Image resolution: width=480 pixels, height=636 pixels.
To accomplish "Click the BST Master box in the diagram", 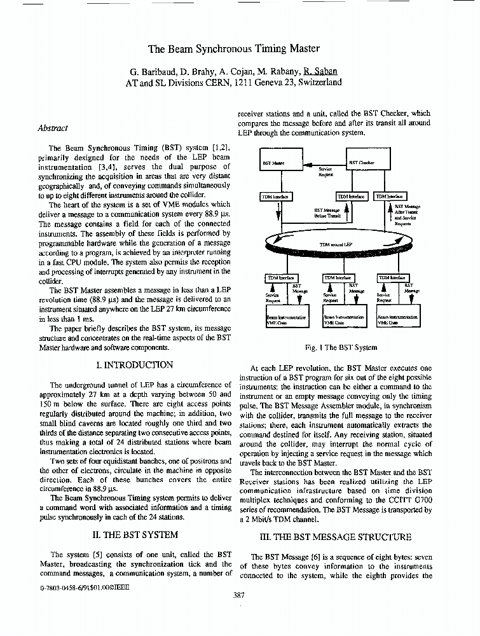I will point(280,163).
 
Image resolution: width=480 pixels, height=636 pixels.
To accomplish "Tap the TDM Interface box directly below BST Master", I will point(275,197).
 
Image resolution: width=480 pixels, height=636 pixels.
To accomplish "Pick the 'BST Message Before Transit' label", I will point(327,212).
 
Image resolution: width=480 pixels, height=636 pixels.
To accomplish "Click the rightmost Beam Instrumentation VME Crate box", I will point(398,319).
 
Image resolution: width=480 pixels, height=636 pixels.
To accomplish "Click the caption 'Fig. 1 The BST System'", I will point(341,347).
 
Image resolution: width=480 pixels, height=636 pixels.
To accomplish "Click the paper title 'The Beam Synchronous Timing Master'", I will point(234,48).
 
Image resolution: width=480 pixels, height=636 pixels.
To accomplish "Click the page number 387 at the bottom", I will point(239,595).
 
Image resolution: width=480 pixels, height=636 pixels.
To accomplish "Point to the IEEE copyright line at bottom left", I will point(84,588).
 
